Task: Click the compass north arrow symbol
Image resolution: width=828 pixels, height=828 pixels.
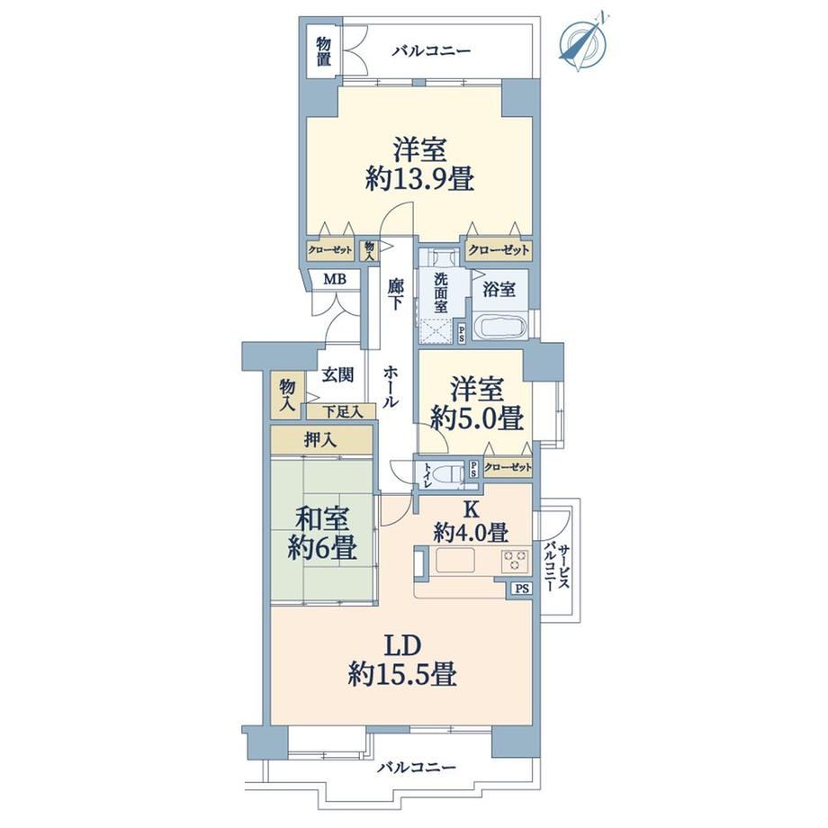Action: [582, 42]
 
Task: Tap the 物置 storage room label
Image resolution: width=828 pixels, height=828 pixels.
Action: [324, 51]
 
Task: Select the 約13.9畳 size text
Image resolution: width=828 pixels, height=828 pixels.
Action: [419, 180]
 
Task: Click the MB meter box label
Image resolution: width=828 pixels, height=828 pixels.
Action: [335, 278]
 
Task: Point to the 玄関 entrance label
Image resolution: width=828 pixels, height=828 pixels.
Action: [338, 375]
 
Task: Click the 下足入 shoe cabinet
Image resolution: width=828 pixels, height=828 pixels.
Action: [342, 411]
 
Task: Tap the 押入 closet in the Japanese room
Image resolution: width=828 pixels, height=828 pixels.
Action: [321, 439]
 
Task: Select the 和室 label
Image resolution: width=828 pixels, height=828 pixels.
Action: [322, 519]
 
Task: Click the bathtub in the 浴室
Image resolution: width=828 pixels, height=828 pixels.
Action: [501, 327]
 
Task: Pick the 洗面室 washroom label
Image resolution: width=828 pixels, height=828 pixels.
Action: [441, 292]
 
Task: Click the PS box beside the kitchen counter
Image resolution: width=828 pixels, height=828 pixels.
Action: [522, 589]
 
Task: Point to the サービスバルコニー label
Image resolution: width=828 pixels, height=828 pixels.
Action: [557, 567]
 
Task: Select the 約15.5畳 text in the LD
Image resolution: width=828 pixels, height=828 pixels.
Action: [402, 674]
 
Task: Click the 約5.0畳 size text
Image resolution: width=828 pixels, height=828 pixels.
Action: [477, 418]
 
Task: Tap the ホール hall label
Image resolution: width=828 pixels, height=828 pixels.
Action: [391, 386]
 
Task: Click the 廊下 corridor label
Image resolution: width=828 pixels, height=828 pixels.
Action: [395, 294]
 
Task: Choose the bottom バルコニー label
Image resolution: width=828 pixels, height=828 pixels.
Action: [416, 767]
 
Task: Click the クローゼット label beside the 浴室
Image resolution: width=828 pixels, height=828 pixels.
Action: [499, 250]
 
